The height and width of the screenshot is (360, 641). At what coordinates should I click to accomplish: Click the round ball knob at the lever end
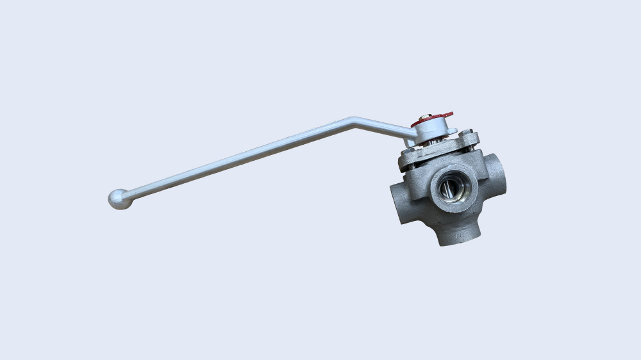(x=119, y=199)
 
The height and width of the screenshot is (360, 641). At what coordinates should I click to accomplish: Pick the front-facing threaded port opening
(x=453, y=188)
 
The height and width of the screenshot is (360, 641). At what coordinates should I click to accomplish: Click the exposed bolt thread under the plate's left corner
(x=410, y=167)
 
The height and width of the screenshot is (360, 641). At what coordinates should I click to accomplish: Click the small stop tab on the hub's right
(x=454, y=131)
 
